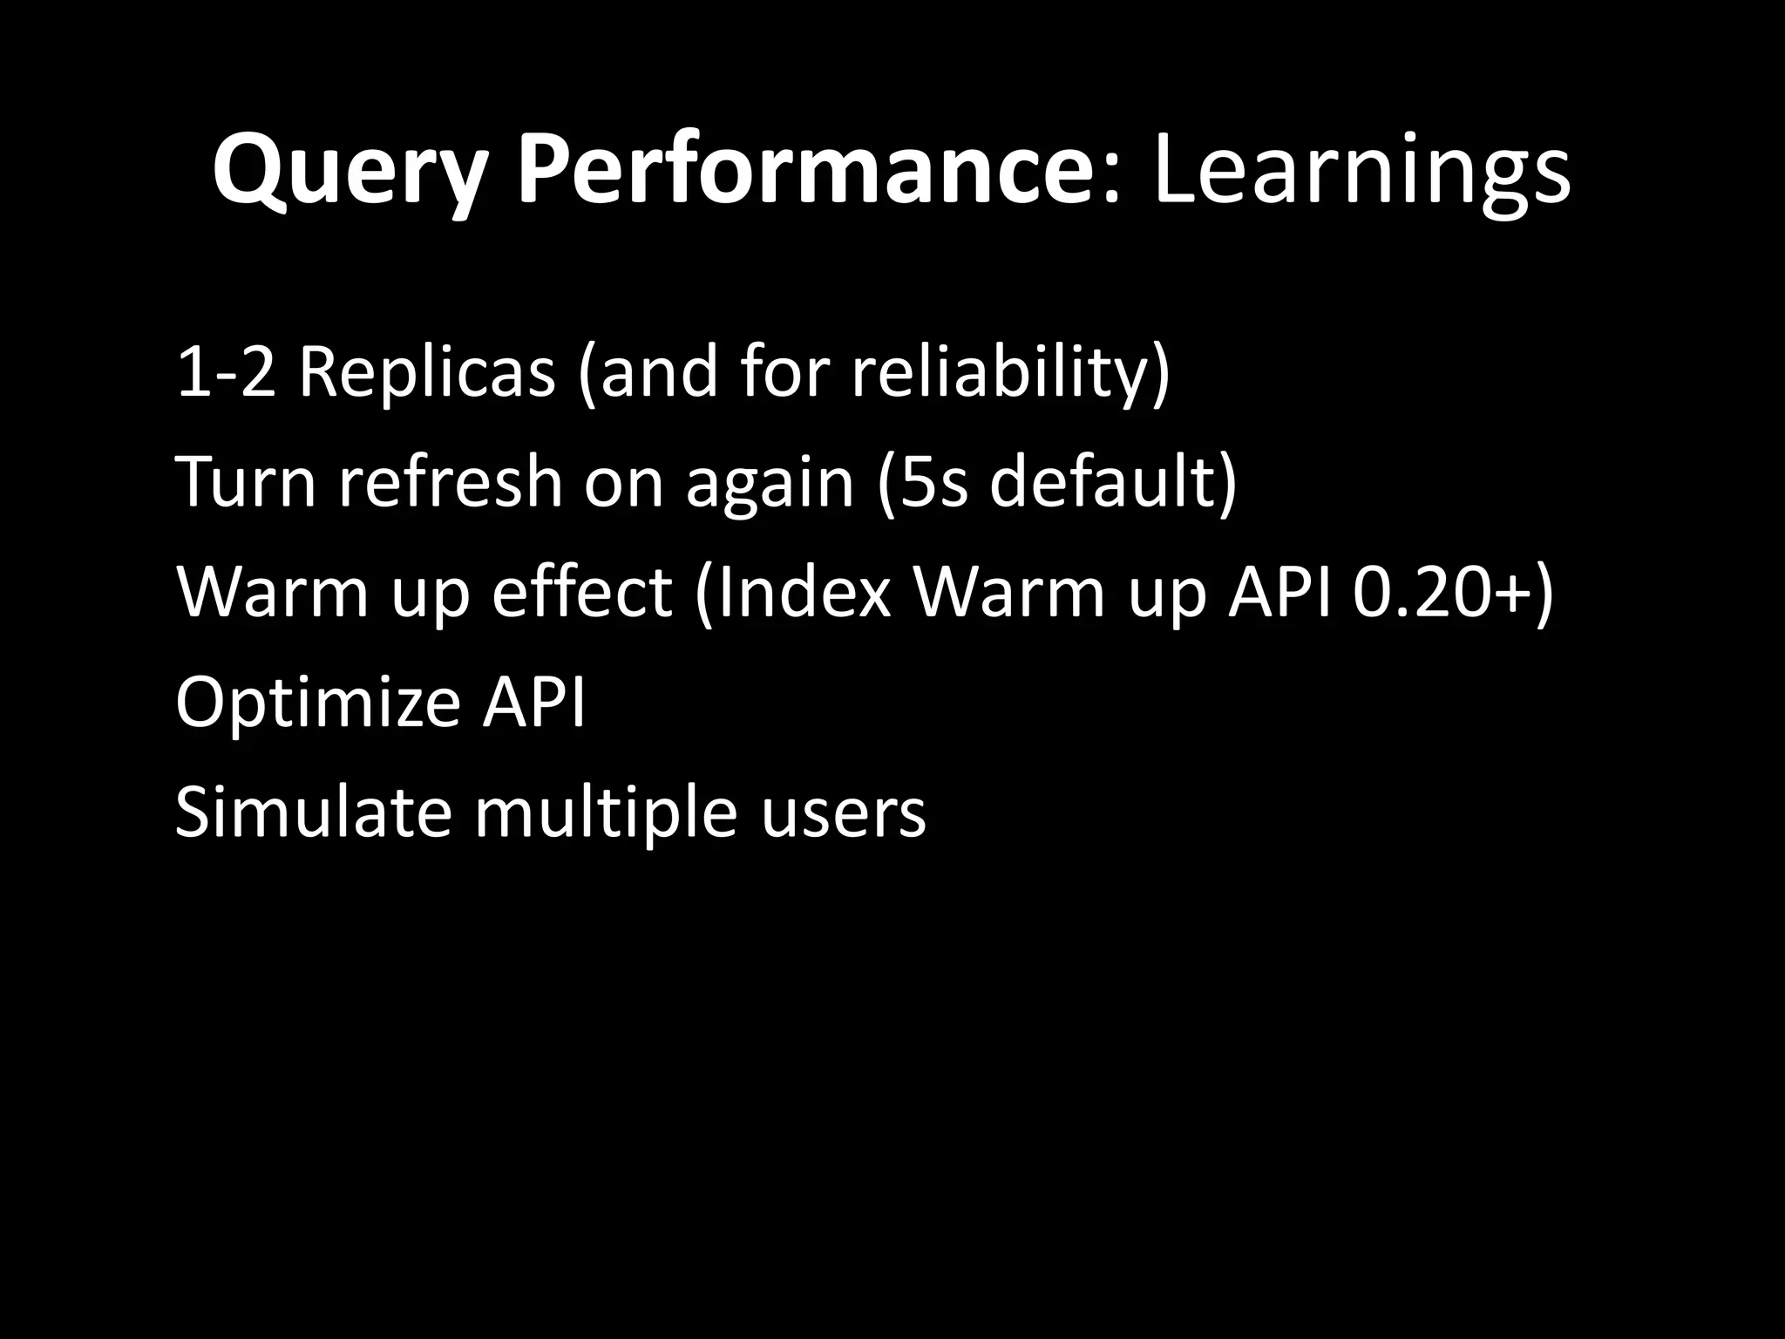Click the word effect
(x=582, y=593)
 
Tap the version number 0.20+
(x=1442, y=593)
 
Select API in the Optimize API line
(x=534, y=702)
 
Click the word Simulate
(x=313, y=812)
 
